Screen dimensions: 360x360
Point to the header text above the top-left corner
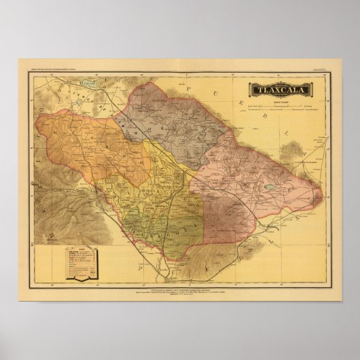point(65,69)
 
